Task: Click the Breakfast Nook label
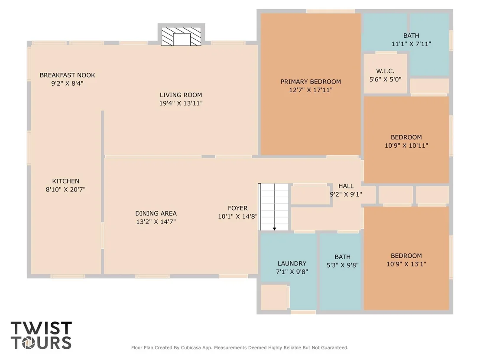(x=67, y=75)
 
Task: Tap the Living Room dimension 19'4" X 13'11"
(x=181, y=103)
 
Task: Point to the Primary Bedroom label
(x=311, y=82)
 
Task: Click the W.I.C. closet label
(x=385, y=71)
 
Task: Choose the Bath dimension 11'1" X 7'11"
(x=411, y=44)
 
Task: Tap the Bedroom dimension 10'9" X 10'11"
(x=406, y=146)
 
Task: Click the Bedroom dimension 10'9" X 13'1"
(x=406, y=264)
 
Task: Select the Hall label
(x=346, y=186)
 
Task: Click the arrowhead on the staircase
(x=275, y=229)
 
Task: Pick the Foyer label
(x=237, y=208)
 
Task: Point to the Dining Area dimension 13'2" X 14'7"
(x=156, y=222)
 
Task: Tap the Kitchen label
(x=65, y=181)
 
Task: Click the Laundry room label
(x=292, y=263)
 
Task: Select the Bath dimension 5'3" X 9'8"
(x=343, y=265)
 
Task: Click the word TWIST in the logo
(x=41, y=328)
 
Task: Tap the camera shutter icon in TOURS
(x=30, y=343)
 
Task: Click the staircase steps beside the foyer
(x=273, y=207)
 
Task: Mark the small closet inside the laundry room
(x=274, y=297)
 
